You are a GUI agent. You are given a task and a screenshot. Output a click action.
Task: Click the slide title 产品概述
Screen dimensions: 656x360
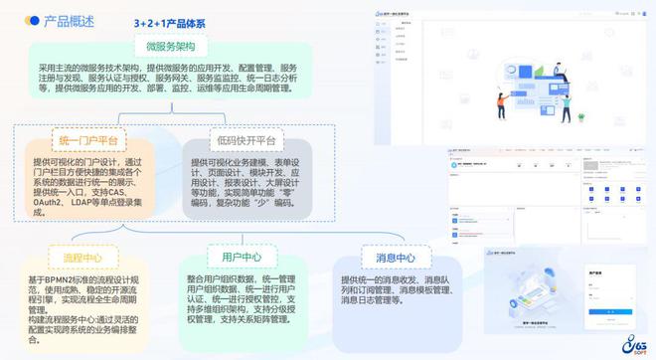(x=69, y=21)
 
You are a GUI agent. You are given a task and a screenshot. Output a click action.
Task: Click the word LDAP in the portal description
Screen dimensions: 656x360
(x=100, y=202)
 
